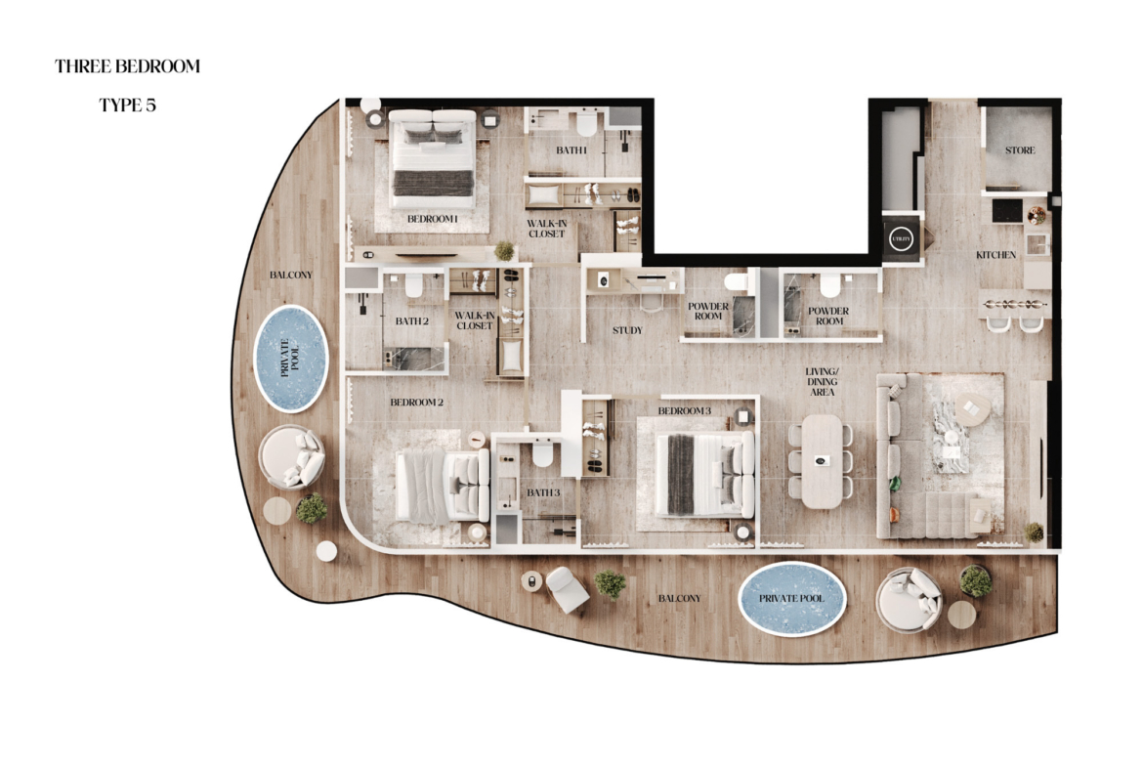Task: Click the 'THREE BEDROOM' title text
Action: pyautogui.click(x=127, y=66)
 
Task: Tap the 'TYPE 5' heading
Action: pyautogui.click(x=128, y=105)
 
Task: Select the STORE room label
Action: pyautogui.click(x=1020, y=150)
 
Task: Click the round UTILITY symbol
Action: pyautogui.click(x=901, y=239)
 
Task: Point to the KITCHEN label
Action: pyautogui.click(x=995, y=255)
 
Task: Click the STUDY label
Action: pyautogui.click(x=627, y=330)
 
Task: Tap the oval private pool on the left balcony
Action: pyautogui.click(x=291, y=357)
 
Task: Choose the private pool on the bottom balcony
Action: pyautogui.click(x=791, y=598)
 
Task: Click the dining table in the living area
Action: pyautogui.click(x=822, y=461)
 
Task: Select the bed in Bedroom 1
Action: pyautogui.click(x=434, y=158)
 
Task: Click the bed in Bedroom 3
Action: pyautogui.click(x=704, y=475)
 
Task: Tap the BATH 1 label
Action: pyautogui.click(x=571, y=150)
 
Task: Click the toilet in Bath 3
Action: pyautogui.click(x=541, y=454)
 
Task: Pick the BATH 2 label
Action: pyautogui.click(x=412, y=320)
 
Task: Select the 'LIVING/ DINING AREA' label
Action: pyautogui.click(x=823, y=382)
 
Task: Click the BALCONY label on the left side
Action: pyautogui.click(x=291, y=275)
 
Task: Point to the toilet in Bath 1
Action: pyautogui.click(x=585, y=123)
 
